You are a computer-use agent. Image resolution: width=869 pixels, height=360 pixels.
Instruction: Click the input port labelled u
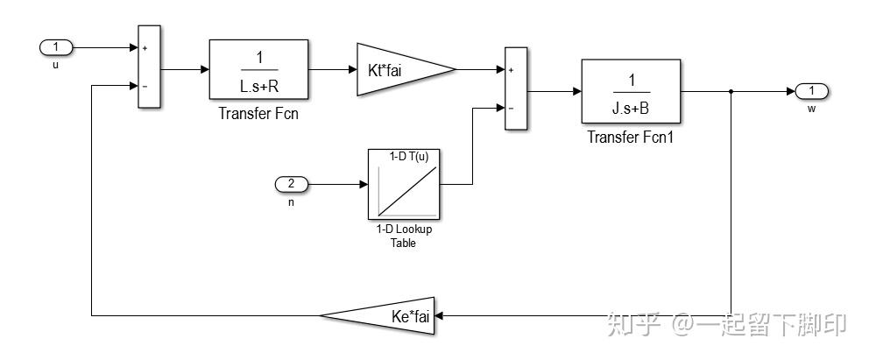[x=56, y=47]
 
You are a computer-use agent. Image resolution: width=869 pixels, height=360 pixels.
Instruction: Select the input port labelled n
[x=292, y=185]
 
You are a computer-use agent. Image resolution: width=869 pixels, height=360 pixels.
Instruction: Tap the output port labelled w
[x=811, y=91]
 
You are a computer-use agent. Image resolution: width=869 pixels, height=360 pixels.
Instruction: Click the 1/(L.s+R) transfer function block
[x=258, y=69]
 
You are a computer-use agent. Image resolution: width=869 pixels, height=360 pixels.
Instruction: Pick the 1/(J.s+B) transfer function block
[x=631, y=91]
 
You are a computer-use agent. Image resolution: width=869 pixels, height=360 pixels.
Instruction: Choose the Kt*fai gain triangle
[x=406, y=69]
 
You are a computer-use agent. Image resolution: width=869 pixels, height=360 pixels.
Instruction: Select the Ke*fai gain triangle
[x=378, y=315]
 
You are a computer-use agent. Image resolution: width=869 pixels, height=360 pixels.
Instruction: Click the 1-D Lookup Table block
[x=404, y=185]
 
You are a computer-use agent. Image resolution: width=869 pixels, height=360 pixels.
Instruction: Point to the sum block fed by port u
[x=149, y=67]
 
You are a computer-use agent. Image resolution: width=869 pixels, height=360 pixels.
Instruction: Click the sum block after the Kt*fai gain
[x=516, y=88]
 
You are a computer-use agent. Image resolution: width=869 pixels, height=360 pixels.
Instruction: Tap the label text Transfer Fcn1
[x=630, y=137]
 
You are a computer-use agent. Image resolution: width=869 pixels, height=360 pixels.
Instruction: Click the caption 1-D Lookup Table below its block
[x=404, y=236]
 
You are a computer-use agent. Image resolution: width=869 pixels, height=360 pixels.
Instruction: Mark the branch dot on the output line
[x=731, y=91]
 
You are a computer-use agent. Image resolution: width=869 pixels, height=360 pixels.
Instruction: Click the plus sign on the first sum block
[x=145, y=48]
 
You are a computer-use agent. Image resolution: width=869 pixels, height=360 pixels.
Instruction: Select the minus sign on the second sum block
[x=511, y=109]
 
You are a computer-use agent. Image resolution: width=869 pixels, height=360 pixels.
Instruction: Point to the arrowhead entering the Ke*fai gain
[x=439, y=315]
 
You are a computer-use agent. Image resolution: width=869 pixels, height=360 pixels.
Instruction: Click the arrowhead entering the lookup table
[x=364, y=185]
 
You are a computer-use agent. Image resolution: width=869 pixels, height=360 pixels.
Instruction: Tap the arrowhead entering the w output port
[x=791, y=91]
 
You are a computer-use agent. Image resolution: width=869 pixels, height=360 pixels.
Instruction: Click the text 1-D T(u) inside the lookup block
[x=409, y=157]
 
